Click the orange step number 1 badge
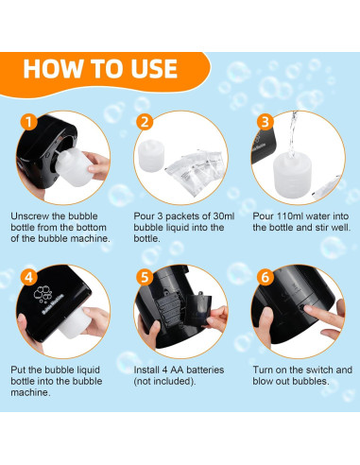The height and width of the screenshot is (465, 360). (x=28, y=122)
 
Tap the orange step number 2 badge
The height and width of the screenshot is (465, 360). (x=145, y=122)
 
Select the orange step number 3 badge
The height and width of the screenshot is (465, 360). (x=265, y=122)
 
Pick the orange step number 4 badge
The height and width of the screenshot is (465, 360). (x=28, y=277)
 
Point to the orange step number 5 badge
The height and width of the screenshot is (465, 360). (x=145, y=277)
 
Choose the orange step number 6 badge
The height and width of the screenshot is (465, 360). (x=265, y=277)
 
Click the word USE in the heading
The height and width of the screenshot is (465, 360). (x=154, y=68)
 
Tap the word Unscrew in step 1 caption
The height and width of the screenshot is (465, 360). (x=30, y=216)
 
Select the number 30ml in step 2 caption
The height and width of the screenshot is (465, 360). (x=224, y=216)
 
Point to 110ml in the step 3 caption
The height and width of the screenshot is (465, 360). (x=289, y=216)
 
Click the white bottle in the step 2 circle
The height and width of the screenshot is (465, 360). (x=151, y=156)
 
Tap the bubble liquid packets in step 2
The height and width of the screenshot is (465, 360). (x=196, y=172)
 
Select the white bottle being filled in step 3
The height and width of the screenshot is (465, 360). (x=292, y=175)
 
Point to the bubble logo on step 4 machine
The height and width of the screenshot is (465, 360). (x=43, y=294)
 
